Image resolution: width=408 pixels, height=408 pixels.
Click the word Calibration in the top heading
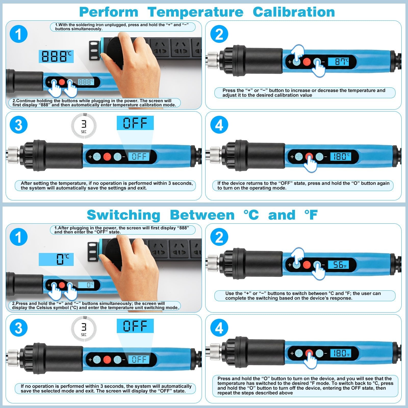coord(294,12)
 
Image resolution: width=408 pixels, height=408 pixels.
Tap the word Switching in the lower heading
coord(124,215)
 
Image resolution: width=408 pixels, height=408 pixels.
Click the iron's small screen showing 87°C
coord(338,61)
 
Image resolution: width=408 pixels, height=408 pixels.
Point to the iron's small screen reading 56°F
coord(338,265)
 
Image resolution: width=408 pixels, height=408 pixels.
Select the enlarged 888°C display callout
coord(56,56)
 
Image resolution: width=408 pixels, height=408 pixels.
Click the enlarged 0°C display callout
coord(56,260)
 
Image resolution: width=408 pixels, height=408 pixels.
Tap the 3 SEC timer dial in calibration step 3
coord(84,125)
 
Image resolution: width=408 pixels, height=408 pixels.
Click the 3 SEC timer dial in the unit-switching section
coord(84,328)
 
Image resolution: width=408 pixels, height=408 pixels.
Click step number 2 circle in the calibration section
coord(219,34)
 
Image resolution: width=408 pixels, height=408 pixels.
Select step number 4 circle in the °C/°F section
coord(219,328)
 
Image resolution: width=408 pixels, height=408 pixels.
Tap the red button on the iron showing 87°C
coord(307,62)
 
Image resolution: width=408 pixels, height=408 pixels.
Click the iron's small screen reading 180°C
coord(340,156)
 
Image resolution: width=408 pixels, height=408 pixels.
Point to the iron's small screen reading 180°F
coord(340,353)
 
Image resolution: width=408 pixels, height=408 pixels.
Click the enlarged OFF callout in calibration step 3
coord(135,123)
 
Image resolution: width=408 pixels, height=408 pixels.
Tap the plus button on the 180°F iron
coord(299,353)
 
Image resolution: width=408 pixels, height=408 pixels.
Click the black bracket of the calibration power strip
coord(94,50)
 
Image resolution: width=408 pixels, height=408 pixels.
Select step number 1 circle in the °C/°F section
coord(18,237)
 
